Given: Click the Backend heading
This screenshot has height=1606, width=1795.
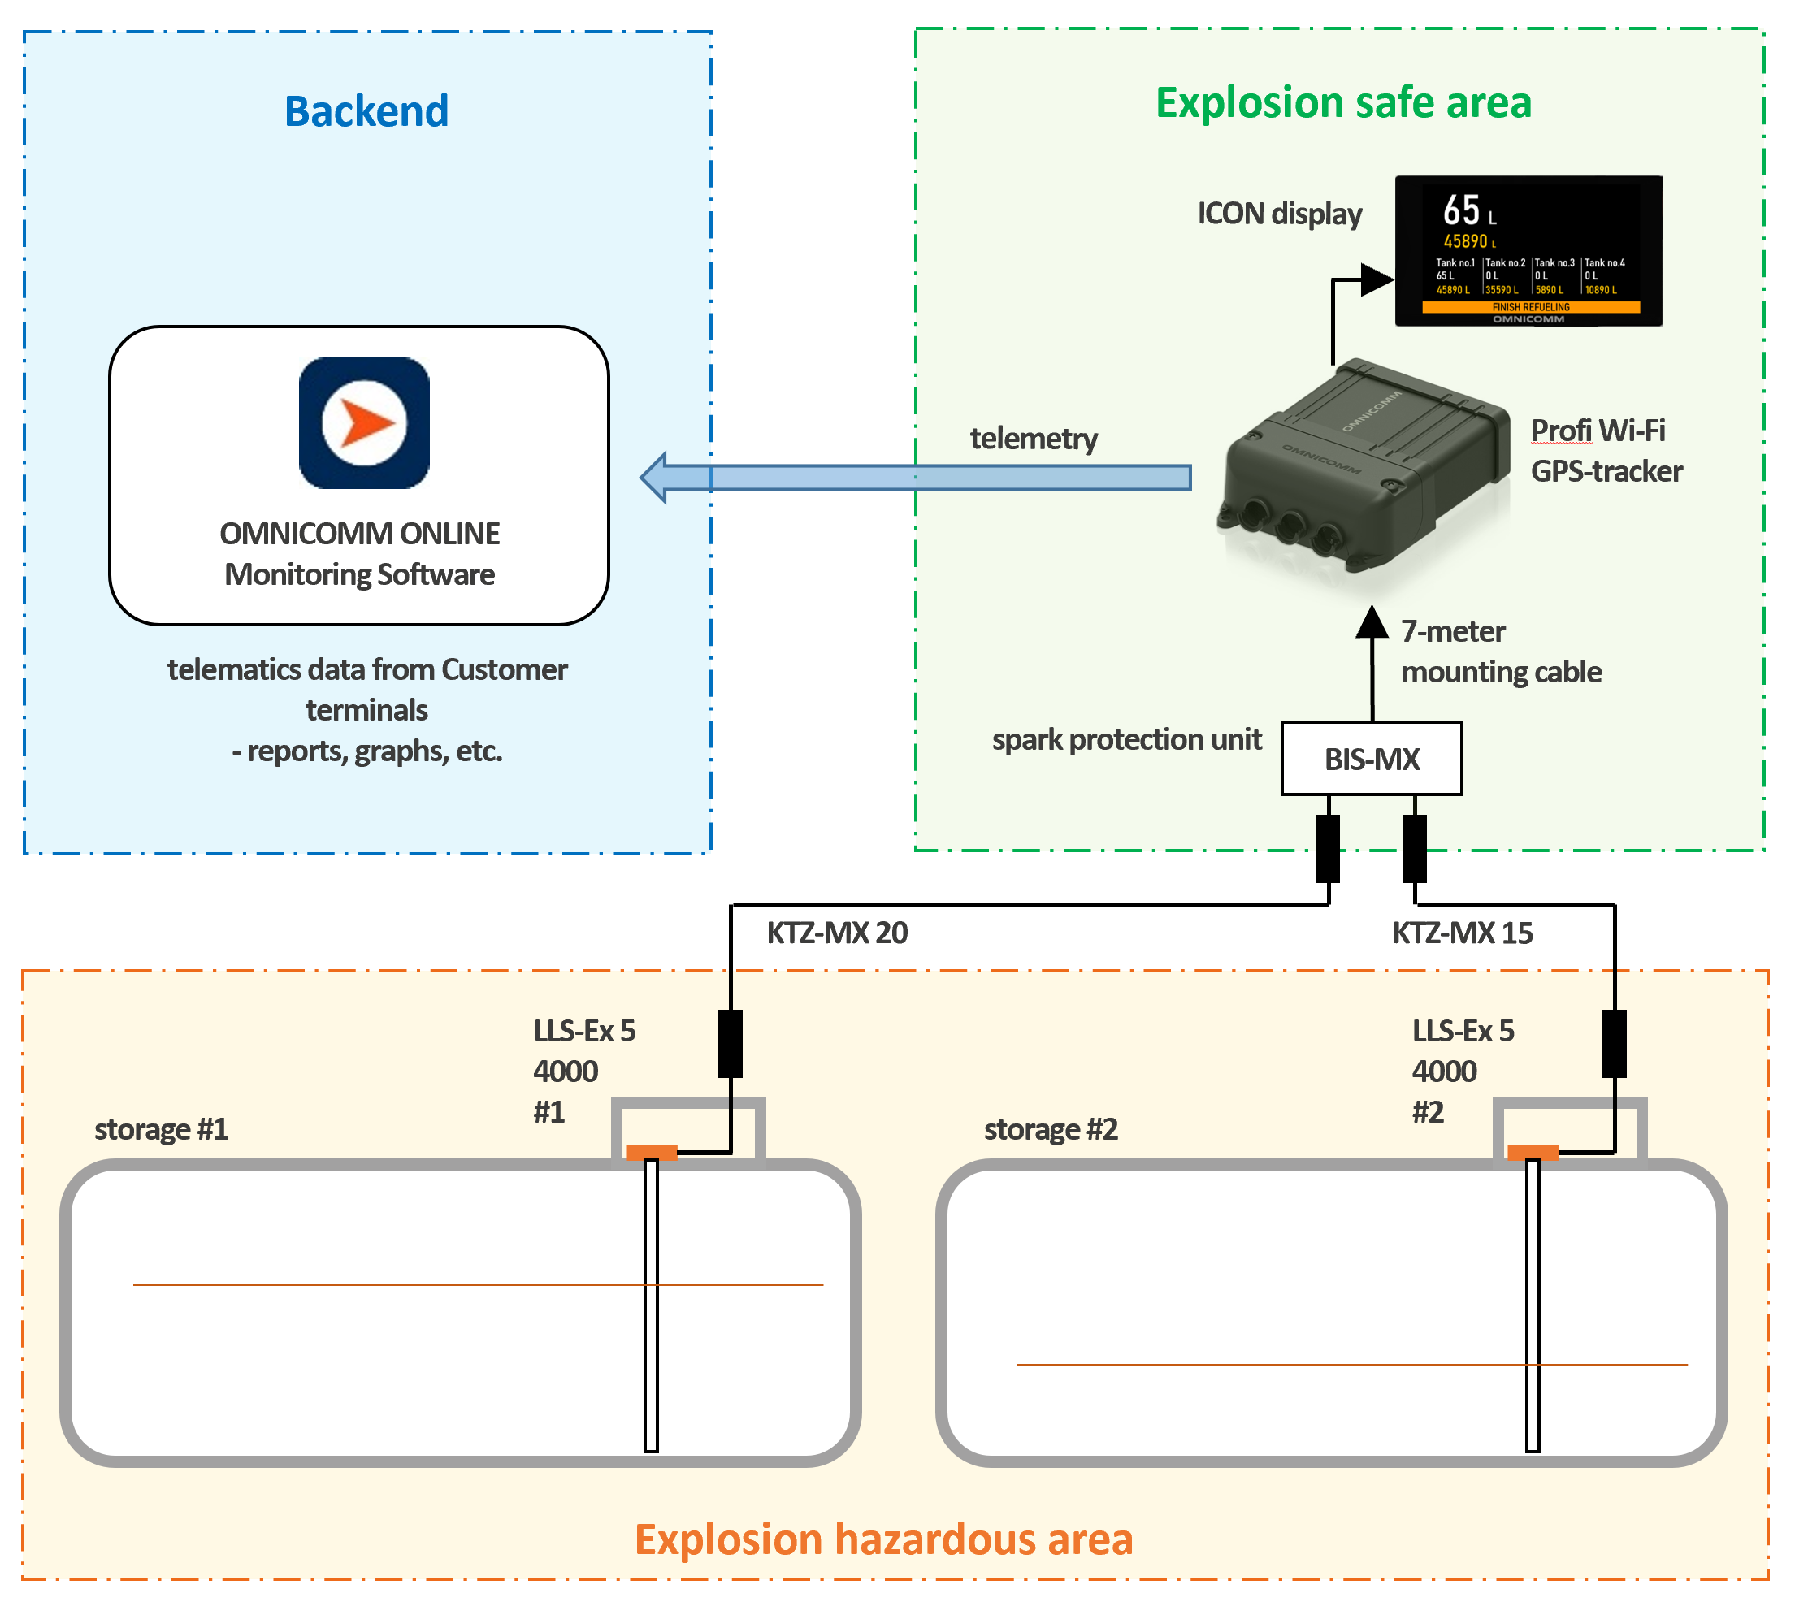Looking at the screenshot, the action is pyautogui.click(x=366, y=111).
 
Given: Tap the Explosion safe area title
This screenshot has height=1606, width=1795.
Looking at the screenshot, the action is pyautogui.click(x=1343, y=102).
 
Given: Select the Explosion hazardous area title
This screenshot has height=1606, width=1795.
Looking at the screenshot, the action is pyautogui.click(x=883, y=1540).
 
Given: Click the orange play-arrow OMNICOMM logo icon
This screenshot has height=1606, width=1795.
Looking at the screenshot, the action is pyautogui.click(x=365, y=422).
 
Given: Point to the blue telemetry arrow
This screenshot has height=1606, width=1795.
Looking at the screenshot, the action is pyautogui.click(x=915, y=478).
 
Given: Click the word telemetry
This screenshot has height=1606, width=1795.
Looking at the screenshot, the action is pyautogui.click(x=1034, y=438).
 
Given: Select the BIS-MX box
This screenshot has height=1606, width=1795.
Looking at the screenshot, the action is pyautogui.click(x=1372, y=759).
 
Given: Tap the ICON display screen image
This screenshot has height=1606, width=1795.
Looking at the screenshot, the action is pyautogui.click(x=1528, y=250).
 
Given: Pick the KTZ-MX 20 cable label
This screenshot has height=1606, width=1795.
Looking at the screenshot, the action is pyautogui.click(x=837, y=933).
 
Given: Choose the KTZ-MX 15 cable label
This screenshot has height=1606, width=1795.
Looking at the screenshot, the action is pyautogui.click(x=1463, y=933).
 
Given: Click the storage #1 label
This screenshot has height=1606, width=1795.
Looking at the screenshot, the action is pyautogui.click(x=162, y=1129).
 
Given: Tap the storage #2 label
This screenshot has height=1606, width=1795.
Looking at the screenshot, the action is pyautogui.click(x=1051, y=1129).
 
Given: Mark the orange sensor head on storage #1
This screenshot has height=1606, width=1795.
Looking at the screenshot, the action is pyautogui.click(x=651, y=1153).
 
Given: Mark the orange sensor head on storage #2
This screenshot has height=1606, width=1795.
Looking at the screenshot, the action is pyautogui.click(x=1533, y=1153).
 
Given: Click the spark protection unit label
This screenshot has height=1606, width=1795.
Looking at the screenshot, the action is pyautogui.click(x=1127, y=739).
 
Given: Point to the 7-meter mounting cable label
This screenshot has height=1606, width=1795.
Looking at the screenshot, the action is pyautogui.click(x=1501, y=652).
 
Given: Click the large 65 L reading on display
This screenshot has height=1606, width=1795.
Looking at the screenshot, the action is pyautogui.click(x=1469, y=211).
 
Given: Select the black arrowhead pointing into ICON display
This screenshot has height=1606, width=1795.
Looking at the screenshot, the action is pyautogui.click(x=1377, y=279).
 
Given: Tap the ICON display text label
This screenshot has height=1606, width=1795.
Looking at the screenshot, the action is pyautogui.click(x=1280, y=214).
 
